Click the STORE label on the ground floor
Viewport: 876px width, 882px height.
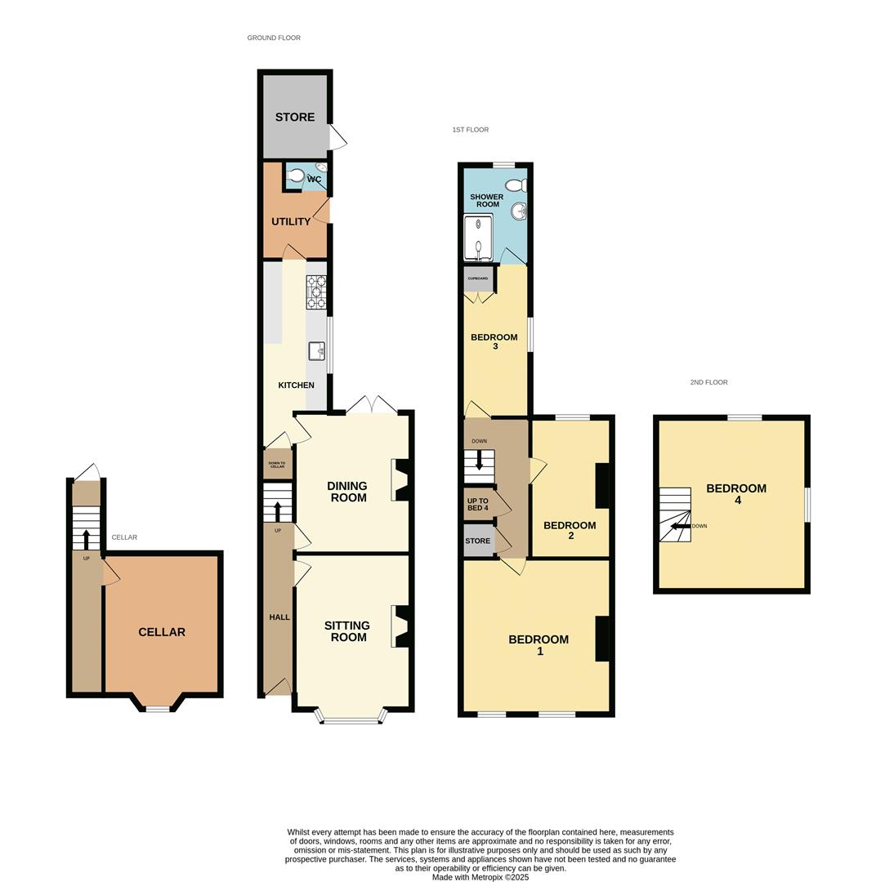pyautogui.click(x=294, y=118)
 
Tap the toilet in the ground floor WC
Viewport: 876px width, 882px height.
pyautogui.click(x=296, y=176)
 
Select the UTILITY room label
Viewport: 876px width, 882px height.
pyautogui.click(x=291, y=222)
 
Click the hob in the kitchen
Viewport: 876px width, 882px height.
pyautogui.click(x=316, y=292)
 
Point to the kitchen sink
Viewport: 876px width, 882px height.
pyautogui.click(x=316, y=351)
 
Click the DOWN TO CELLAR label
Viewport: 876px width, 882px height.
pyautogui.click(x=277, y=465)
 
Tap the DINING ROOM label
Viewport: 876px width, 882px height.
pyautogui.click(x=347, y=492)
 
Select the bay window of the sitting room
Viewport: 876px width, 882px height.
pyautogui.click(x=351, y=719)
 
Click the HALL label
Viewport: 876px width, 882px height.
pyautogui.click(x=279, y=617)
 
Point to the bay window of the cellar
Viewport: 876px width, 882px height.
pyautogui.click(x=157, y=707)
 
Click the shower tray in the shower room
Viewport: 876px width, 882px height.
pyautogui.click(x=478, y=237)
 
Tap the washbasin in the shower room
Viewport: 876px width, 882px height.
pyautogui.click(x=518, y=212)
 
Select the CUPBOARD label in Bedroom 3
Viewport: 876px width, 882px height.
pyautogui.click(x=478, y=278)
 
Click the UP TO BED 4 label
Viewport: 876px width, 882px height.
pyautogui.click(x=477, y=505)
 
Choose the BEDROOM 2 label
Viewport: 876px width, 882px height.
pyautogui.click(x=570, y=530)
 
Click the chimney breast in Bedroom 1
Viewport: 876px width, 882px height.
pyautogui.click(x=602, y=638)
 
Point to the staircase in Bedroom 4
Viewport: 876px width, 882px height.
pyautogui.click(x=675, y=514)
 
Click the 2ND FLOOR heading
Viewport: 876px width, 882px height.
pyautogui.click(x=708, y=382)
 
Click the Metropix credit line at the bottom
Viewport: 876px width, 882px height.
pyautogui.click(x=480, y=878)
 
